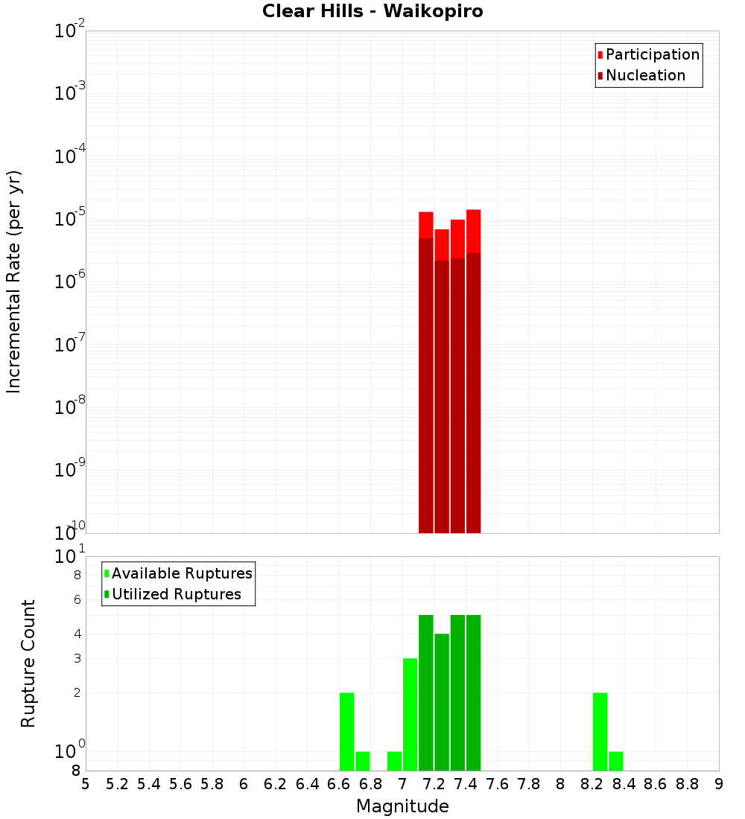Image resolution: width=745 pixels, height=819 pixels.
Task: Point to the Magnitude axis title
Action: [x=402, y=806]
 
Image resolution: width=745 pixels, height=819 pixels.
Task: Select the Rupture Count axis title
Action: [x=28, y=663]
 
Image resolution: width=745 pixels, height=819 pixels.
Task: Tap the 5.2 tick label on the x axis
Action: [x=118, y=784]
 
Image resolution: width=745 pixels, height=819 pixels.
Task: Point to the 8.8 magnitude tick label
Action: [x=688, y=784]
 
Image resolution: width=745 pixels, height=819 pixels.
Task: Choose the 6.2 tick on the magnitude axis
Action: [x=276, y=784]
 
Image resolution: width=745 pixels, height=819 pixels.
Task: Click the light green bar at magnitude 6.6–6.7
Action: [x=346, y=731]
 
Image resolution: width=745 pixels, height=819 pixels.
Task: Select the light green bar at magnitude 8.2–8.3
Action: [x=600, y=731]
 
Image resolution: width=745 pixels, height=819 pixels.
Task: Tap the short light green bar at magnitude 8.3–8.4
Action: [x=616, y=761]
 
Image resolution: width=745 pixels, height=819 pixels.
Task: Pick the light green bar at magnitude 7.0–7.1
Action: [x=410, y=715]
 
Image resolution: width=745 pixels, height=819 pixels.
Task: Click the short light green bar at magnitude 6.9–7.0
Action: [x=394, y=761]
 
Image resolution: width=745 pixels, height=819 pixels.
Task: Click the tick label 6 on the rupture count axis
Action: [x=77, y=599]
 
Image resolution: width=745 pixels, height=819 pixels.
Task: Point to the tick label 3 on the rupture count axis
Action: [x=77, y=658]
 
